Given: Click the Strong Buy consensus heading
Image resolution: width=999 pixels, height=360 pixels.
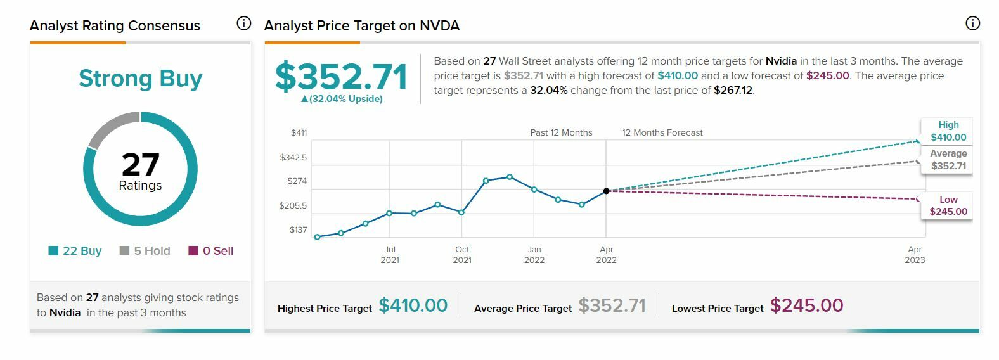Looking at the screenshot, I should (x=140, y=79).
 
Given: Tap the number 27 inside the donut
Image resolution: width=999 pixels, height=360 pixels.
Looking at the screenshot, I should (x=140, y=164).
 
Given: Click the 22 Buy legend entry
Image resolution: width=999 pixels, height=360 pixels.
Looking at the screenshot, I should (x=75, y=251).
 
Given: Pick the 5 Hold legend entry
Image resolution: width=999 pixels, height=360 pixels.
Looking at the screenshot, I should (x=145, y=251).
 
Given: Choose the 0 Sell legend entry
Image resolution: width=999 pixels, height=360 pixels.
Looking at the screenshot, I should (x=211, y=251).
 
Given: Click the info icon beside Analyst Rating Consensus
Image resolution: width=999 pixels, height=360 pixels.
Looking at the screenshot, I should (x=243, y=24).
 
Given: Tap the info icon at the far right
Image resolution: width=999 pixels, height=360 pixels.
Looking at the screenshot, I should (x=972, y=24).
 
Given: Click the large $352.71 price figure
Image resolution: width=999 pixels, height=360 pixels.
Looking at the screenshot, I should (x=341, y=77).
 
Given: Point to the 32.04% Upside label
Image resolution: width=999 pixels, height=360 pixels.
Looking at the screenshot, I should (x=342, y=99).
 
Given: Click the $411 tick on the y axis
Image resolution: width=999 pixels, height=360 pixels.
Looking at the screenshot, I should (x=299, y=133).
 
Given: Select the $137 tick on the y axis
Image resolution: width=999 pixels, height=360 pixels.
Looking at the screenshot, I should (x=298, y=230).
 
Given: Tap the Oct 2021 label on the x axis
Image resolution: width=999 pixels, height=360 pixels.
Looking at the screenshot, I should (x=462, y=255).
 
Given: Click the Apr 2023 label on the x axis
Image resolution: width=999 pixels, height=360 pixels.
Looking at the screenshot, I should (x=915, y=255).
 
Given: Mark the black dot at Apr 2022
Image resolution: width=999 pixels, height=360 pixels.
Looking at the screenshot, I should (x=607, y=191).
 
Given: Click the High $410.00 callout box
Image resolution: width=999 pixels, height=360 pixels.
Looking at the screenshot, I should (x=948, y=131).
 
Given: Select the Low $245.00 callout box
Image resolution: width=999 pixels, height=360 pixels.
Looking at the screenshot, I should (x=948, y=205).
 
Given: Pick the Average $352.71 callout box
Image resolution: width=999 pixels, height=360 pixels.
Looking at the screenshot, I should (x=948, y=160).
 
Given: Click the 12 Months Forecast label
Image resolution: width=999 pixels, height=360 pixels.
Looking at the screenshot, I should (x=662, y=133).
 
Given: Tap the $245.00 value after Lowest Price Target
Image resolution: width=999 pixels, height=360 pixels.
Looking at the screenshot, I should (x=806, y=305).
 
